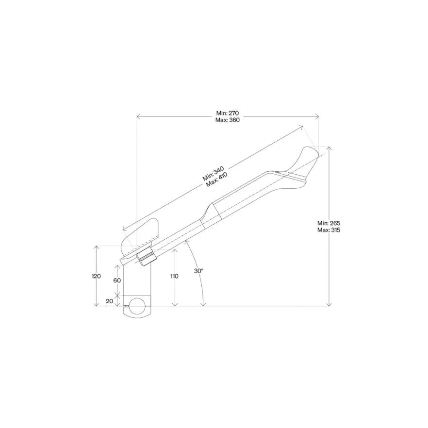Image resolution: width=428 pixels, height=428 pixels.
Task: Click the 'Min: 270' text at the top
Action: point(228,113)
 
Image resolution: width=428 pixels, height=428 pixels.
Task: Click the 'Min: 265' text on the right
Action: point(329,223)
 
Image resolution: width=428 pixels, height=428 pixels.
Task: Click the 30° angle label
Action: point(198,271)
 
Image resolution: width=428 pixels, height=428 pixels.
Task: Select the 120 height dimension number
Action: point(96,276)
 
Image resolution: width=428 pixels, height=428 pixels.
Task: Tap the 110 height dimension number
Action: point(174,276)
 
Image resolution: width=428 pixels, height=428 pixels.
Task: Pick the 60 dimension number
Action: point(117,280)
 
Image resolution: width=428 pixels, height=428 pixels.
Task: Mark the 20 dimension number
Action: point(109,301)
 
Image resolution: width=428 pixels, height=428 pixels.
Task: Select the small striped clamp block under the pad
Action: point(146,259)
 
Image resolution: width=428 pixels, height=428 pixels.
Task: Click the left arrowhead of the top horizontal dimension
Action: point(138,116)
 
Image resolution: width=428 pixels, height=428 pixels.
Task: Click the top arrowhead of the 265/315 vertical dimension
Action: point(329,148)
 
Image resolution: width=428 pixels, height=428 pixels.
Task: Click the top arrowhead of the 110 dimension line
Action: point(174,248)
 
